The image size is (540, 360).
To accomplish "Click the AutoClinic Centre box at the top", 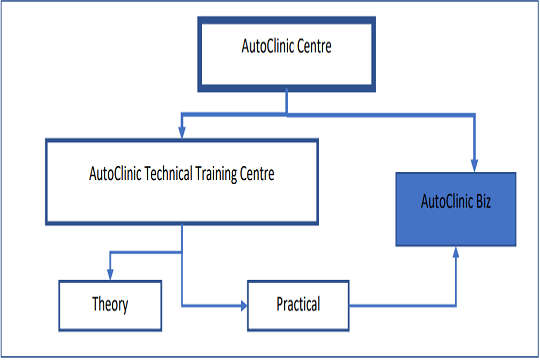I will click(286, 54).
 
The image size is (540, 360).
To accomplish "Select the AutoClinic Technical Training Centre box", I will click(182, 181).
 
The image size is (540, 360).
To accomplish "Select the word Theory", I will click(110, 303).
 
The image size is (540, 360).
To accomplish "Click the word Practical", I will click(298, 303).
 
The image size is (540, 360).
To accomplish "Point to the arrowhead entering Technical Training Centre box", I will click(181, 132).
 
